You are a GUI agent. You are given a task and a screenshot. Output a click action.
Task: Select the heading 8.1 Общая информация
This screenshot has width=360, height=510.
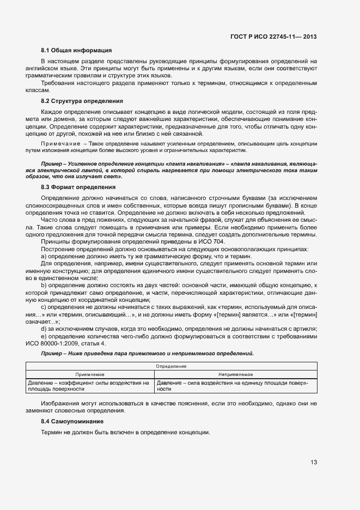76,51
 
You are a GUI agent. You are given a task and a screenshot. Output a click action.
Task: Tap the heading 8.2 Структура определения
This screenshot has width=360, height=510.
82,101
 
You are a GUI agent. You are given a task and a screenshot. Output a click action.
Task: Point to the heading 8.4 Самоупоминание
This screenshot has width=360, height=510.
72,422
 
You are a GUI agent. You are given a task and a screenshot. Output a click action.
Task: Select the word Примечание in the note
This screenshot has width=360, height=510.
57,143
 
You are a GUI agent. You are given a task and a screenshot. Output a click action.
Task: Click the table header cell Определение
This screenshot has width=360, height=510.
171,367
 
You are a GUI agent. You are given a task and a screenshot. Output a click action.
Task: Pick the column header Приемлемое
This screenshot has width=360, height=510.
90,375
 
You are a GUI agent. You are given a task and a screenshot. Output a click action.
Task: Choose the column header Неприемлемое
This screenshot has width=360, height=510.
235,375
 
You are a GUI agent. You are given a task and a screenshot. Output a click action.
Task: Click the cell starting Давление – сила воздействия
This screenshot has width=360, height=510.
235,386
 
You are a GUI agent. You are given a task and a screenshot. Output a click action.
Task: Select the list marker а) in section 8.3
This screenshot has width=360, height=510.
44,256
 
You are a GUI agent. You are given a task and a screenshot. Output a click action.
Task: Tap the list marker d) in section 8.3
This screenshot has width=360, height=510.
44,330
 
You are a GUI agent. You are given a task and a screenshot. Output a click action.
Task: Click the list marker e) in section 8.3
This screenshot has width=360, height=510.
44,337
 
